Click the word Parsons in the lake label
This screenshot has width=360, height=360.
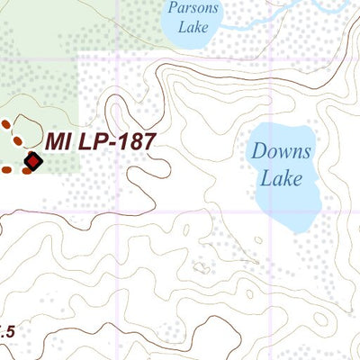coord(188,9)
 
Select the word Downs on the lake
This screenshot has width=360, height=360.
coord(281,152)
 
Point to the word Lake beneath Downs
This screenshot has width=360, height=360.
coord(281,178)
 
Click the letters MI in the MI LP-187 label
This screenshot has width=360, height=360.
coord(58,141)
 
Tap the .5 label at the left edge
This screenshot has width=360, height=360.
coord(7,331)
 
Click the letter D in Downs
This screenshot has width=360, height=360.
coord(259,152)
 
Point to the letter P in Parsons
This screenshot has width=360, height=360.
coord(170,9)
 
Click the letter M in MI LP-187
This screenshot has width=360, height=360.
coord(53,141)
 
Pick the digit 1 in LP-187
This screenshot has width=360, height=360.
coord(118,141)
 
